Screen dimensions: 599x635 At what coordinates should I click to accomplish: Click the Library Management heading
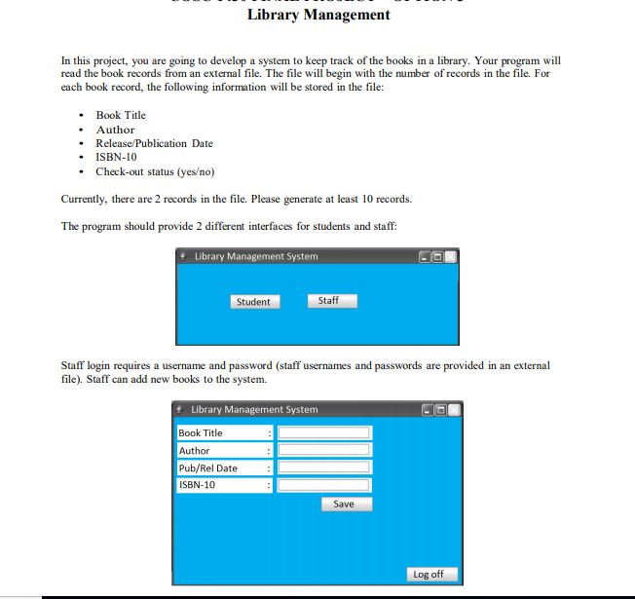[317, 15]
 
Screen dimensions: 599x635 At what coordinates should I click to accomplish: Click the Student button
[253, 302]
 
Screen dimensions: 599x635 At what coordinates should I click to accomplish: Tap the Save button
[346, 505]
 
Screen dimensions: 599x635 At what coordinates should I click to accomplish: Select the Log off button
[429, 574]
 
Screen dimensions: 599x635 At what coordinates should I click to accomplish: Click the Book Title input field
[323, 432]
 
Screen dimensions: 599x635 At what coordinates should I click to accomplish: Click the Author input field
[323, 450]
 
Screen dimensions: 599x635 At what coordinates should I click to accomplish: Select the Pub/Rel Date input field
[323, 468]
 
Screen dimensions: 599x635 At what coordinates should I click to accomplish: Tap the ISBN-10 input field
[323, 484]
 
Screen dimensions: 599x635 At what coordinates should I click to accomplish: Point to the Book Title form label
[201, 432]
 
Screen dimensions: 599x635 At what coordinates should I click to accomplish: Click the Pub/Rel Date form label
[207, 468]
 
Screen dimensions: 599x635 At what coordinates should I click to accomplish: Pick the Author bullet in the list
[115, 130]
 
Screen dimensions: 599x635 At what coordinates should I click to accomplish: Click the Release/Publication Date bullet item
[154, 143]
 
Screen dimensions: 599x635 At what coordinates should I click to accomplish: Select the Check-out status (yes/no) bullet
[154, 171]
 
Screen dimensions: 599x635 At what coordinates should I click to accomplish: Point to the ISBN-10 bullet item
[116, 157]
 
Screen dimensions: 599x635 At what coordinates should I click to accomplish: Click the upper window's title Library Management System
[255, 257]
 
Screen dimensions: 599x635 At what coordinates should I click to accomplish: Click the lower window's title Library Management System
[253, 410]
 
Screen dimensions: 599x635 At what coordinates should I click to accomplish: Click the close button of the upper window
[450, 257]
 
